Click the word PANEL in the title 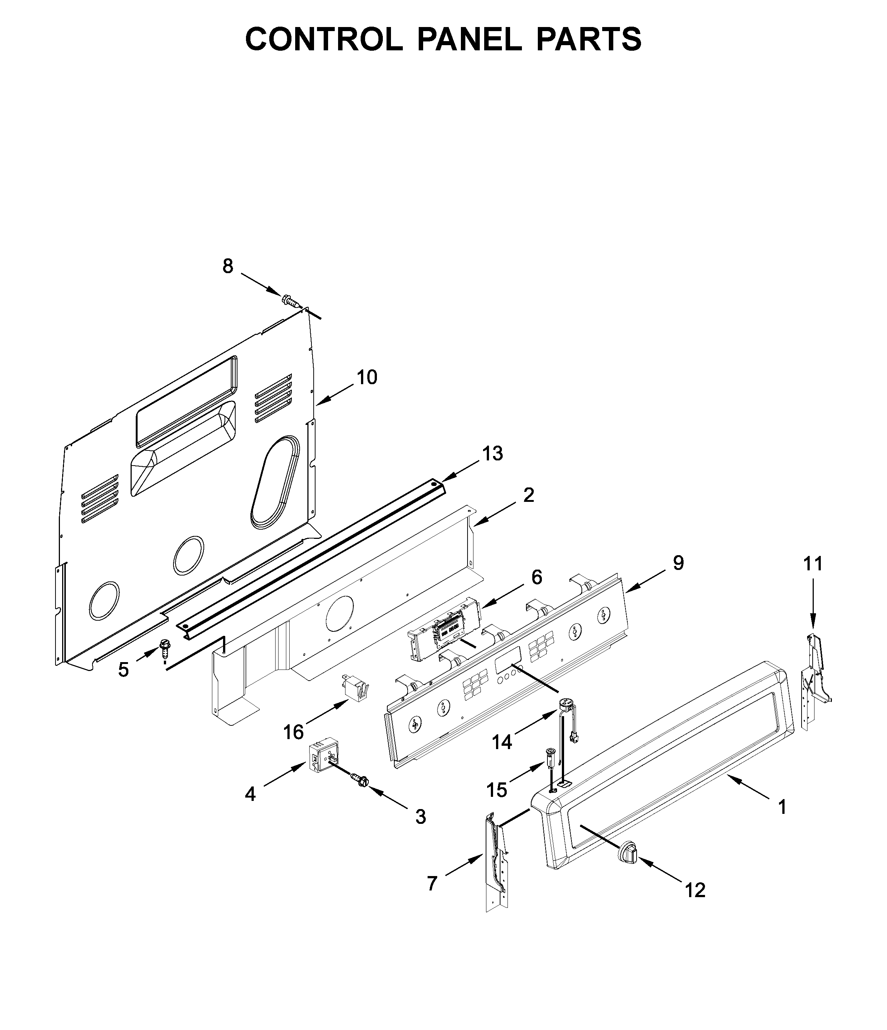click(469, 39)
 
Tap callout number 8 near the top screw click(227, 266)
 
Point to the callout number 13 click(492, 453)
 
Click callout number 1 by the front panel click(782, 807)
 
